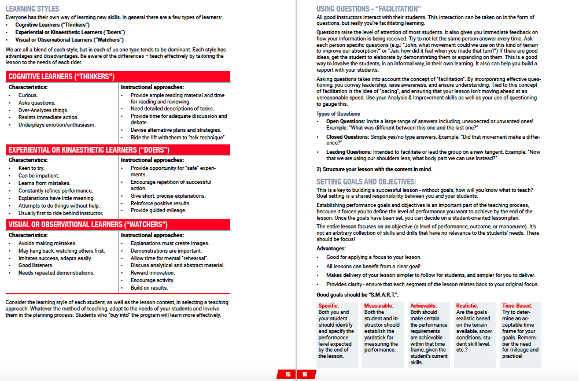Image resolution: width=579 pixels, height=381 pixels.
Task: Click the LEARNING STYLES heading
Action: click(x=32, y=9)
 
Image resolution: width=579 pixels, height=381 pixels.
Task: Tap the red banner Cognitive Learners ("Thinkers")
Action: click(x=61, y=77)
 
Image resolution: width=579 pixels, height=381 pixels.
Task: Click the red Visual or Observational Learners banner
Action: click(x=88, y=224)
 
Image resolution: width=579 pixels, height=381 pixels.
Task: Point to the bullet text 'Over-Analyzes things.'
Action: click(x=43, y=110)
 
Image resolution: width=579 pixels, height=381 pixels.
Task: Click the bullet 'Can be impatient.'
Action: click(x=39, y=176)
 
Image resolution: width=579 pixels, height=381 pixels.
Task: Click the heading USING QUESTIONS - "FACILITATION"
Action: click(x=368, y=9)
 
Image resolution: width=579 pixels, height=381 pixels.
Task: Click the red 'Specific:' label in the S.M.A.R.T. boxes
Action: click(x=329, y=305)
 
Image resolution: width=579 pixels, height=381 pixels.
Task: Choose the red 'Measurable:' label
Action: click(x=379, y=305)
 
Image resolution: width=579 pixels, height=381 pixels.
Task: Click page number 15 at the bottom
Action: click(x=287, y=375)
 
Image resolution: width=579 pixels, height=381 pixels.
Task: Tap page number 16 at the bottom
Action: click(x=304, y=375)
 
